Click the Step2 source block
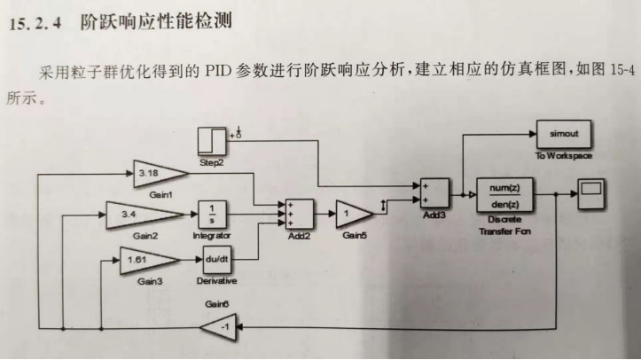[213, 142]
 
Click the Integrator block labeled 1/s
[213, 214]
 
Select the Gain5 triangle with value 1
[352, 214]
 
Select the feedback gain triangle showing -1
[215, 328]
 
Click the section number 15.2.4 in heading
[35, 22]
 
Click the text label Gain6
[217, 303]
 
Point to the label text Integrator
[212, 237]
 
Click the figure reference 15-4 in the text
[618, 70]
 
